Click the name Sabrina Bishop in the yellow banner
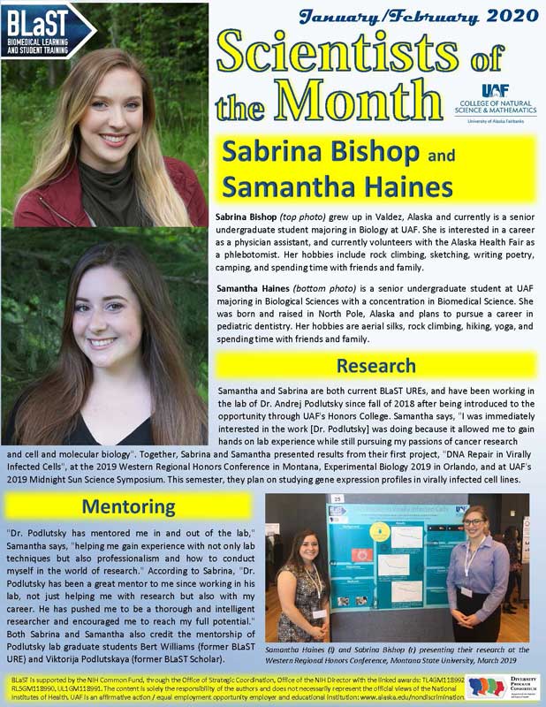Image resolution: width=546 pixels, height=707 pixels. tap(315, 151)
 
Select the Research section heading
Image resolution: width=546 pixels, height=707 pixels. tap(375, 365)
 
